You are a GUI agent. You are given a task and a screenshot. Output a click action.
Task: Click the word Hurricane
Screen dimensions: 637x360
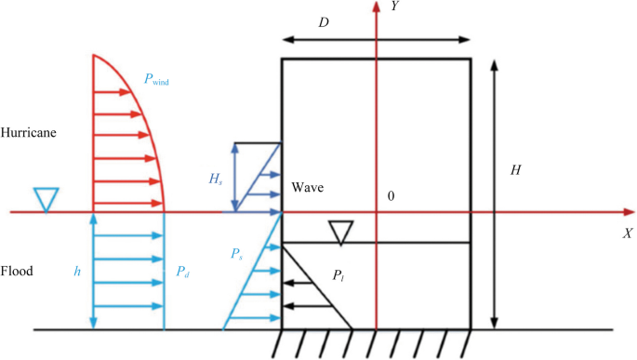[29, 132]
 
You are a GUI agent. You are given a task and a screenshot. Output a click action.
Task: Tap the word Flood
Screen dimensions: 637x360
[17, 271]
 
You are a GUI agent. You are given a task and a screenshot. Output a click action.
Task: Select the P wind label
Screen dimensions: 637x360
[156, 79]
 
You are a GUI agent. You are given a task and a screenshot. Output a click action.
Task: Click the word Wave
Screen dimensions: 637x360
[308, 187]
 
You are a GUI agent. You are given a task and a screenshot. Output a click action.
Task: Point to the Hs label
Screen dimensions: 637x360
[216, 179]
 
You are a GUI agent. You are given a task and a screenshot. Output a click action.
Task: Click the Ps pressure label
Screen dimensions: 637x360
[236, 254]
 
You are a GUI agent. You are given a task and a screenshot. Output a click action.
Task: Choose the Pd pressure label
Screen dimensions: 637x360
[182, 272]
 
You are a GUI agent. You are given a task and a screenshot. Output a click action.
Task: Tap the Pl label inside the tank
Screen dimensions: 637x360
[338, 275]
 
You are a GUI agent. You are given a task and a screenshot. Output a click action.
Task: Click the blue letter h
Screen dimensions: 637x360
[77, 271]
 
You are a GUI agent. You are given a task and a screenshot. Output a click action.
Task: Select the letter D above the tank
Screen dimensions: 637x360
[324, 22]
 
